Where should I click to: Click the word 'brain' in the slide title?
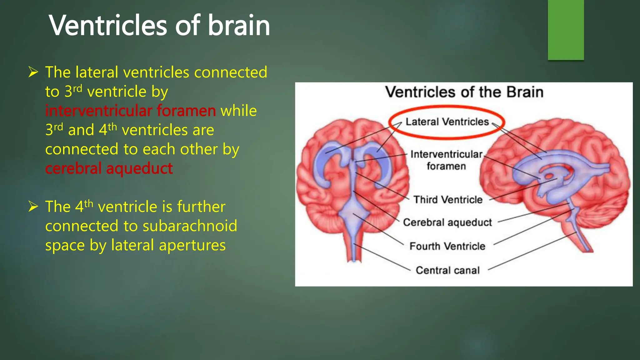tap(239, 26)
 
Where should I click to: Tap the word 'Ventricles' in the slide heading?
tap(108, 26)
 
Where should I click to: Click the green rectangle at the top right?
tap(566, 30)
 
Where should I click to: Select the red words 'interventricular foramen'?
tap(130, 111)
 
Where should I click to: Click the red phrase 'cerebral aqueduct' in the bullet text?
tap(109, 168)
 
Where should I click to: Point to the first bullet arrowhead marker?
tap(33, 72)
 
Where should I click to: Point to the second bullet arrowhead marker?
tap(33, 207)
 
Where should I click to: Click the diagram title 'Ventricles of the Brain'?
tap(464, 92)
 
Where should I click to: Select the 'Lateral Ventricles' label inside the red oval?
tap(447, 122)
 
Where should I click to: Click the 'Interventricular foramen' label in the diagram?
tap(446, 160)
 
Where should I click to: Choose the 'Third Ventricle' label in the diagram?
tap(448, 199)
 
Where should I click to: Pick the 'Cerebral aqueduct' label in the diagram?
tap(447, 222)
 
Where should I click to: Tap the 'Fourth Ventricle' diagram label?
tap(447, 246)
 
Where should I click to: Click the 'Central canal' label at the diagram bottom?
tap(447, 270)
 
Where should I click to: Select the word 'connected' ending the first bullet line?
tap(231, 72)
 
